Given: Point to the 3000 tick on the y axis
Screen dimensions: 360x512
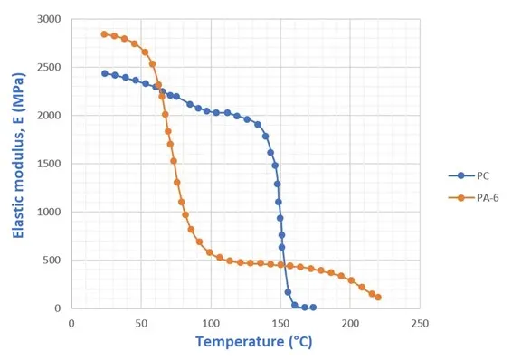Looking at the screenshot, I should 51,19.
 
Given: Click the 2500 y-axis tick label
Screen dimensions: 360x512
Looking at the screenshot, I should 51,68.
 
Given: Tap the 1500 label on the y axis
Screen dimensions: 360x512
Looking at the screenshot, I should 51,164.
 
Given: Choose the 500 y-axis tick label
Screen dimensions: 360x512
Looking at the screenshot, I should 54,261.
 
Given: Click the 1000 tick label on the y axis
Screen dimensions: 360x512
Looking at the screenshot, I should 51,212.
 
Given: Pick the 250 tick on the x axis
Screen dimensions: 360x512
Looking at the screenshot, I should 420,322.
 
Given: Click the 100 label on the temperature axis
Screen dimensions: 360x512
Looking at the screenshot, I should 211,322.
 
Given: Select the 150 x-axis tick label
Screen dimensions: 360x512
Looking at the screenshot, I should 280,322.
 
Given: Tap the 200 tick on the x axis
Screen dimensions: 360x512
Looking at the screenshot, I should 350,322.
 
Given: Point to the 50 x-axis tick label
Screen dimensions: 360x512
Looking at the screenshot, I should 141,322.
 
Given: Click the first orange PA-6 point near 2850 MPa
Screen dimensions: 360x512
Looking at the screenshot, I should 104,34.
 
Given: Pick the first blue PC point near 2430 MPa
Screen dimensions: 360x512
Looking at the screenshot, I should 104,73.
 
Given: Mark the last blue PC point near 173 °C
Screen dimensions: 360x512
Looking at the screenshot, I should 313,308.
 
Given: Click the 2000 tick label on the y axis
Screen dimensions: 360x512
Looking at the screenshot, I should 51,116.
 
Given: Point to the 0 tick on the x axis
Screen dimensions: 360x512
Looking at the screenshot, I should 71,322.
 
